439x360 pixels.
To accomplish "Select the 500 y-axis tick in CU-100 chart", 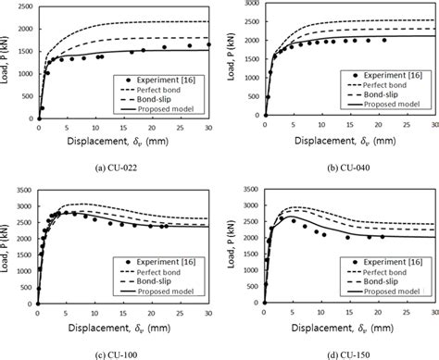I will tap(25, 288).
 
